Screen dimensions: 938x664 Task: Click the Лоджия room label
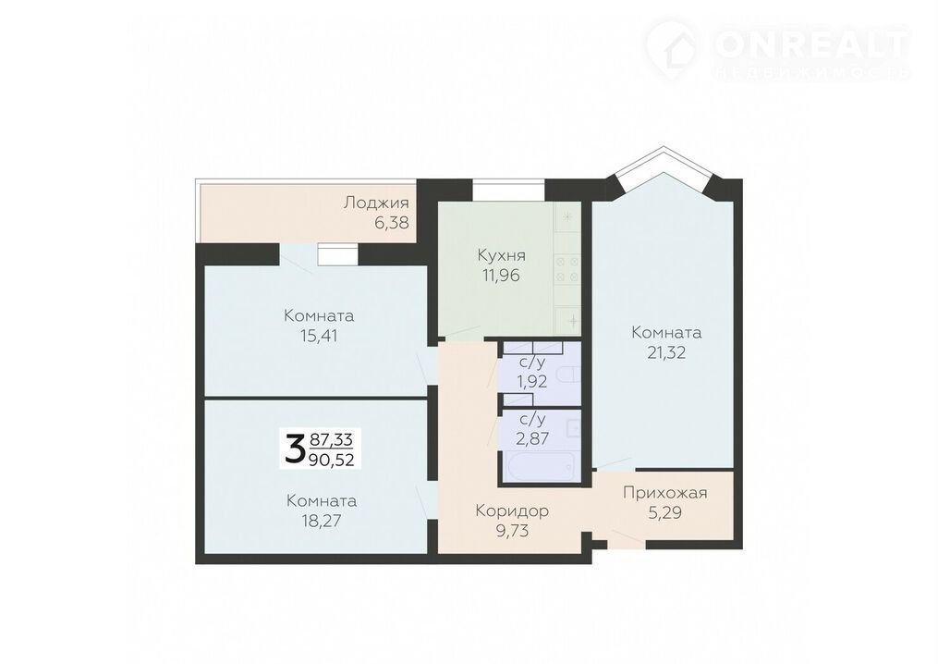[376, 203]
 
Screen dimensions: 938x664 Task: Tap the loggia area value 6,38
[392, 223]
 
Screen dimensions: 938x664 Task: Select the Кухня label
[501, 255]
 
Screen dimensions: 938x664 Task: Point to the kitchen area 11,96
[501, 276]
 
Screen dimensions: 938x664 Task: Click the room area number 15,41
[319, 336]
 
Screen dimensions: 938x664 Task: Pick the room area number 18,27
[322, 521]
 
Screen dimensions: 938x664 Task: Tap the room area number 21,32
[666, 352]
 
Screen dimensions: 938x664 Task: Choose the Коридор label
[512, 510]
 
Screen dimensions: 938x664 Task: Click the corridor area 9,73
[513, 531]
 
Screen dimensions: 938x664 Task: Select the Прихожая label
[665, 493]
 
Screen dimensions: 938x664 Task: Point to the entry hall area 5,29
[665, 512]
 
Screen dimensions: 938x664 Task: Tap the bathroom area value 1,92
[532, 381]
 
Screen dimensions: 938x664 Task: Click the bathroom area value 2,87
[532, 438]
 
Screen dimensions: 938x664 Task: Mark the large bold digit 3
[294, 449]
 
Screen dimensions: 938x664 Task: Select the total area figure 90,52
[332, 460]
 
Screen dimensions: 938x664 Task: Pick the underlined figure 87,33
[332, 440]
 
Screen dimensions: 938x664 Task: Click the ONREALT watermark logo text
[812, 44]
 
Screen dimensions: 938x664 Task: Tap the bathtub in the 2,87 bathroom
[539, 467]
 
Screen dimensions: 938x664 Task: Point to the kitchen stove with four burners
[566, 269]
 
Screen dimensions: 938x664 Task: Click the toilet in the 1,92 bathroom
[566, 376]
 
